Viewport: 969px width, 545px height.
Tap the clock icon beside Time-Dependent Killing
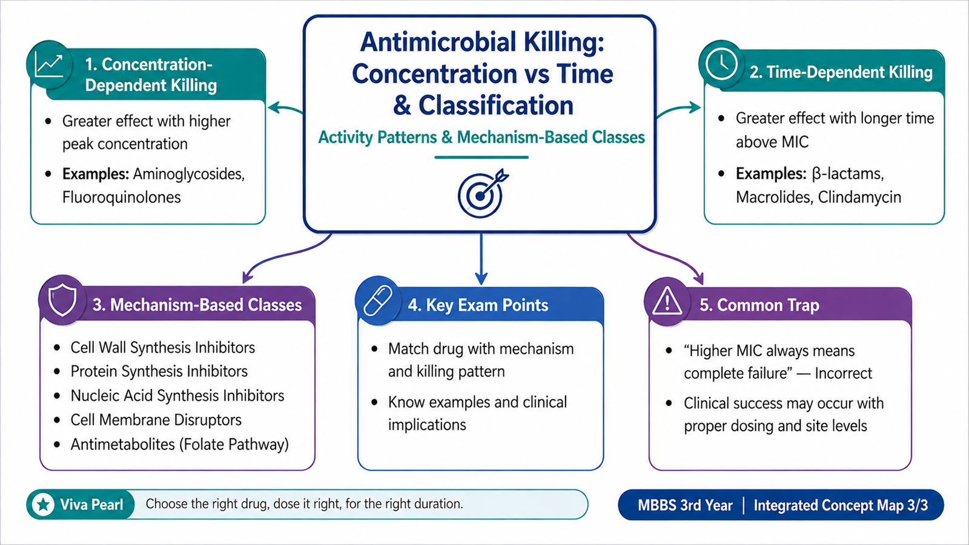click(721, 64)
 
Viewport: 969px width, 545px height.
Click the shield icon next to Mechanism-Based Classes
click(62, 300)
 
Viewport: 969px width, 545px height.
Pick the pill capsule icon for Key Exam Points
click(378, 300)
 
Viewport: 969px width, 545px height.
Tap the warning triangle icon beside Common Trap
click(667, 300)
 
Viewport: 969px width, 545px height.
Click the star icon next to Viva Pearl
click(43, 504)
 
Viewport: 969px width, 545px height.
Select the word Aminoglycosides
click(188, 174)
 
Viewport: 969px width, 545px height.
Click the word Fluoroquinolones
click(122, 197)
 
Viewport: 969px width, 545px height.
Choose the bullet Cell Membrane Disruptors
click(156, 420)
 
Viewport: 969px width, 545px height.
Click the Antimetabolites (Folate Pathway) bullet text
click(179, 444)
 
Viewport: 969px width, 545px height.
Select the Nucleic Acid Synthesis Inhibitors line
click(177, 396)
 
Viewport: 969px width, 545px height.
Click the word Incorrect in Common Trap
click(844, 373)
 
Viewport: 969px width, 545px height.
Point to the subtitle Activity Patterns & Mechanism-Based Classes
click(481, 137)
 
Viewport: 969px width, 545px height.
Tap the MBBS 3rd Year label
click(685, 505)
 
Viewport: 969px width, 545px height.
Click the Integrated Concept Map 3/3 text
click(841, 505)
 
